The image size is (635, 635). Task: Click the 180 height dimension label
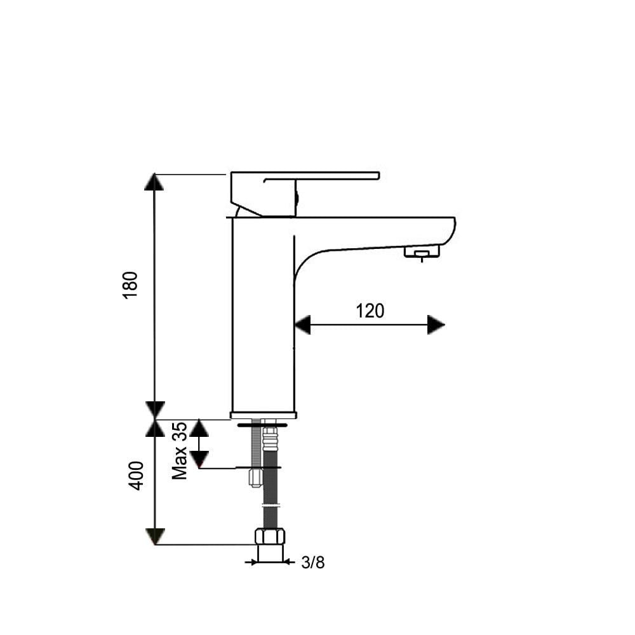coord(130,285)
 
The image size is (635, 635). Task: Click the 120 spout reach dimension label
coord(370,311)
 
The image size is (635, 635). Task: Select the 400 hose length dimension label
coord(137,476)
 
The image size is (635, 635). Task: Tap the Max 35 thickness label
coord(180,451)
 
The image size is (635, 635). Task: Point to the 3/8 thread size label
coord(312,563)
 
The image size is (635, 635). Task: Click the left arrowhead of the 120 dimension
coord(302,324)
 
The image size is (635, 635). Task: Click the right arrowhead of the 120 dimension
coord(436,324)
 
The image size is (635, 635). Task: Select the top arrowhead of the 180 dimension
coord(154,182)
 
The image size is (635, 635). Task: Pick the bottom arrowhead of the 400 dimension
coord(154,536)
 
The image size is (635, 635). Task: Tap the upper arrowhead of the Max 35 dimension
coord(199,429)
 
